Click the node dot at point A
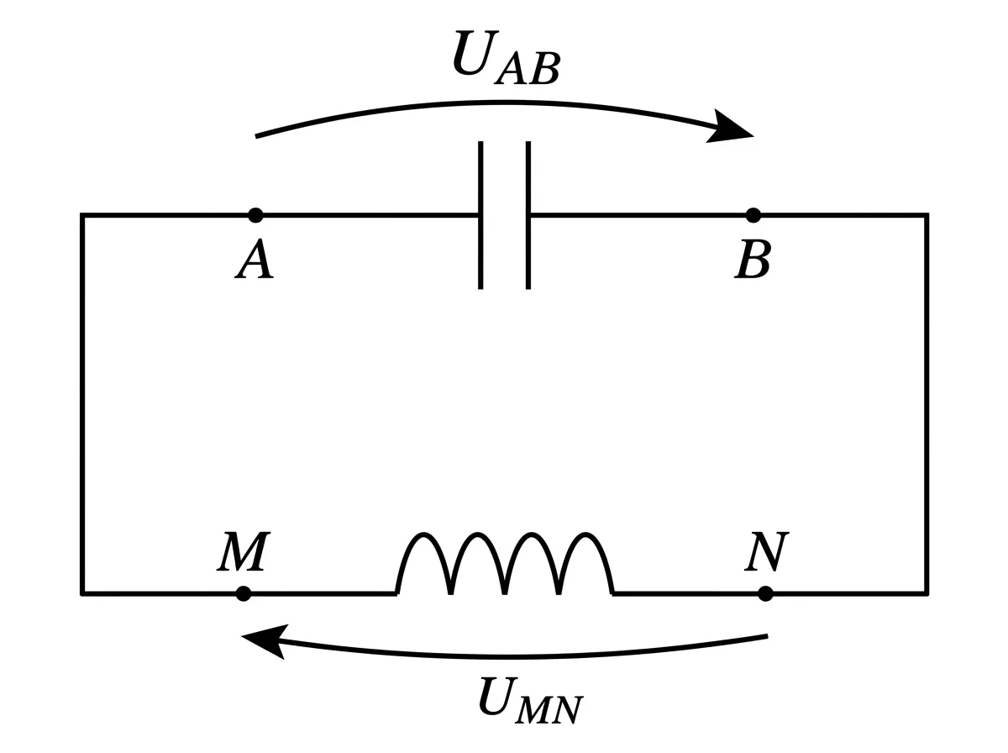255,215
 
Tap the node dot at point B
753,215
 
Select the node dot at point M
244,593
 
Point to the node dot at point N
765,593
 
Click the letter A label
255,259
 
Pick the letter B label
753,259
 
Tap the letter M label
244,551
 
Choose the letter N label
766,551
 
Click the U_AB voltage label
506,58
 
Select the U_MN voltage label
531,701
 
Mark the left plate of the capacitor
480,215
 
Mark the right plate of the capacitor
528,215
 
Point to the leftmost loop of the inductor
423,534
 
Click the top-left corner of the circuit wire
82,215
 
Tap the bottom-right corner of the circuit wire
927,593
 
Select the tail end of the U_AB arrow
256,136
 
